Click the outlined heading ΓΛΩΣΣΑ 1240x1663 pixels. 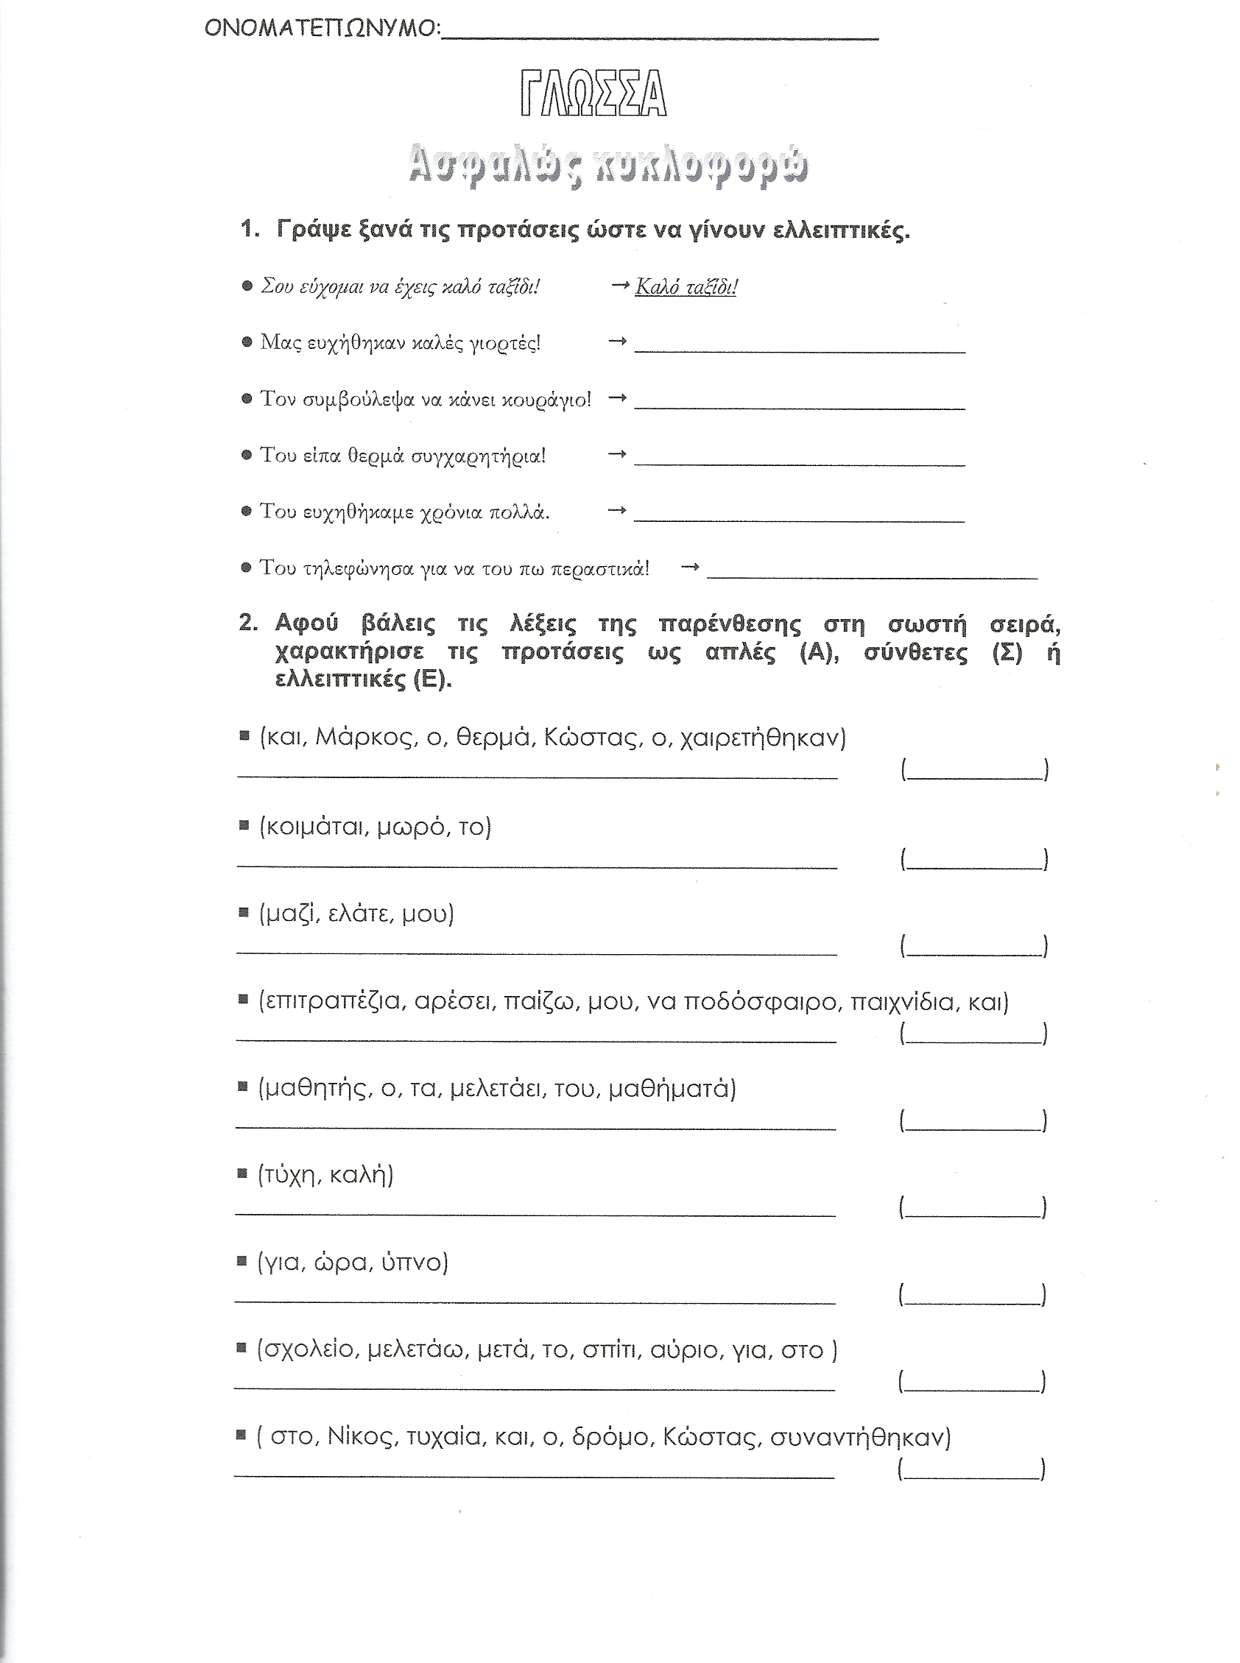[x=593, y=94]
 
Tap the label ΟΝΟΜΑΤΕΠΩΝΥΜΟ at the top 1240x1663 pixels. [x=320, y=29]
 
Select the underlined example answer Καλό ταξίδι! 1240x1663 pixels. [x=686, y=287]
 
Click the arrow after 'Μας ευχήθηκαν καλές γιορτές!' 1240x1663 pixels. [x=617, y=342]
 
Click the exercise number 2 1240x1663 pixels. [x=247, y=623]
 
